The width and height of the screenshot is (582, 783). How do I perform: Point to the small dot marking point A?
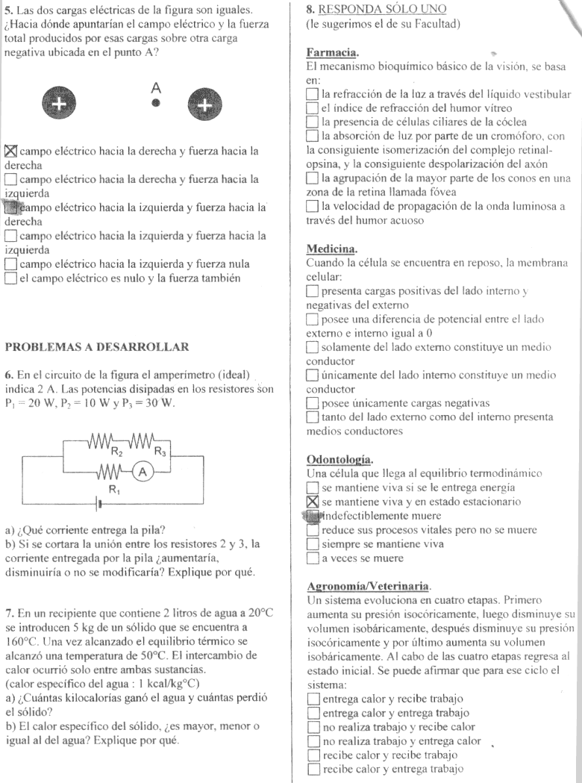point(156,104)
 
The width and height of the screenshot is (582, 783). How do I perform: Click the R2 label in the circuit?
point(117,450)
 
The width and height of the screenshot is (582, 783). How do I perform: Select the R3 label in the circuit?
point(160,450)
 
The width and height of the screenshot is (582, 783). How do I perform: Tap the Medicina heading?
point(328,248)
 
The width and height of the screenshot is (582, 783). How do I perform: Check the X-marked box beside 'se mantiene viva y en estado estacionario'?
point(313,501)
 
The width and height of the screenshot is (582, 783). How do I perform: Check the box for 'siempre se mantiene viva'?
point(313,543)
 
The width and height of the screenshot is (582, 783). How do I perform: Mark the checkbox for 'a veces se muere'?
point(313,558)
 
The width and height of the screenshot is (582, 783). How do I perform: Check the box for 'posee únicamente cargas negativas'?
point(313,402)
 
